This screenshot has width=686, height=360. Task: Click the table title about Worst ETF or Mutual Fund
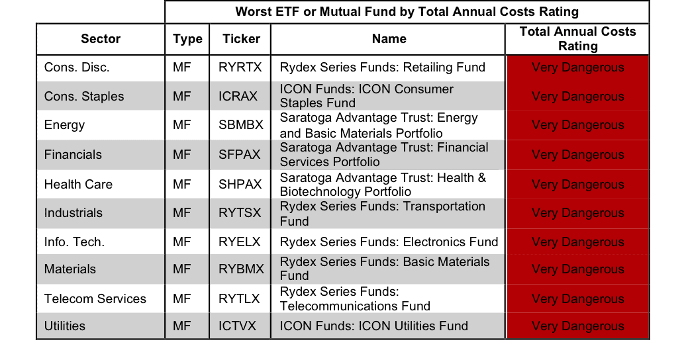407,12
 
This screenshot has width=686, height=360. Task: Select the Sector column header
101,39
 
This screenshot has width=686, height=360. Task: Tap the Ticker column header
241,39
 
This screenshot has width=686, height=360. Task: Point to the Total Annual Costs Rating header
577,39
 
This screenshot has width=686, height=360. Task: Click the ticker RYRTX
240,67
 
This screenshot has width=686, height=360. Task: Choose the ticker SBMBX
241,125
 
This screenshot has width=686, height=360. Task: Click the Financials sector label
73,155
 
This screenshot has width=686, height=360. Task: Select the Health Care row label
78,185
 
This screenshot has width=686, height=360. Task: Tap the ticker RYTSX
240,213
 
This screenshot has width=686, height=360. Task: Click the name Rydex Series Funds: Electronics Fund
389,242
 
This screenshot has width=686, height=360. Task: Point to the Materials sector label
70,269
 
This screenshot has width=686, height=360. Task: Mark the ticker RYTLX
239,298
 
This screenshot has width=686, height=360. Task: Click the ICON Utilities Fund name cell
374,326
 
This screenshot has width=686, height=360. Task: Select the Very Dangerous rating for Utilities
578,326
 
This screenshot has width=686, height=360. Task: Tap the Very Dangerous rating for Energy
578,125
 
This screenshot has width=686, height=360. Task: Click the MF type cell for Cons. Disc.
181,67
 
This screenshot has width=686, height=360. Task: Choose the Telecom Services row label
95,298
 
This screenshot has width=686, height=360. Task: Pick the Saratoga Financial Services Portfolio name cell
384,155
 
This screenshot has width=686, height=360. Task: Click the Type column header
187,39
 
